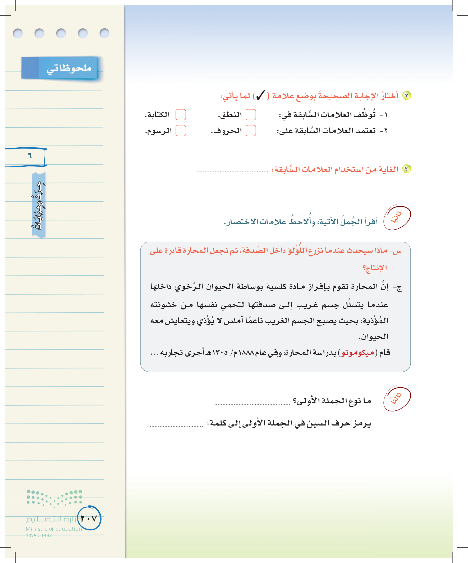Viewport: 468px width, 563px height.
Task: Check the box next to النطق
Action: coord(251,115)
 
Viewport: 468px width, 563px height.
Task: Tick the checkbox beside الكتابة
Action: coord(181,115)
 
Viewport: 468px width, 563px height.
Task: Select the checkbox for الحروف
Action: coord(251,131)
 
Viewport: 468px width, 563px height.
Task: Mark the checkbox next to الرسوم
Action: coord(181,131)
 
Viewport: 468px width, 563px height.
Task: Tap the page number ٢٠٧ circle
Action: coord(89,518)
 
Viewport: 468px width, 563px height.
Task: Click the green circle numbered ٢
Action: coord(407,96)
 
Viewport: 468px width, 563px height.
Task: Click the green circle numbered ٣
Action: coord(407,169)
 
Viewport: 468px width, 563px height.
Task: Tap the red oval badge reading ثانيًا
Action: coord(397,218)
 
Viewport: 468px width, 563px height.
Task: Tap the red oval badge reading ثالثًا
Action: coord(397,399)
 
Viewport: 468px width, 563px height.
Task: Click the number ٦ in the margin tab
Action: coord(30,156)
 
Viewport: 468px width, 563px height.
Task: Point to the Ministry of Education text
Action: coord(53,529)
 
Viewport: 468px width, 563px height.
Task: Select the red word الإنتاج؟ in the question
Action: coord(375,268)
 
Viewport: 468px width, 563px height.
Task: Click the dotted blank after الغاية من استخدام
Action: coord(232,171)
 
